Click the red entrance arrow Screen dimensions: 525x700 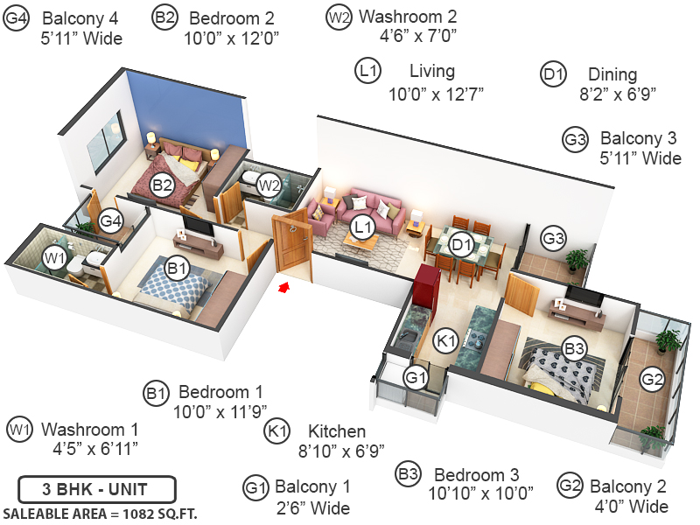tap(283, 286)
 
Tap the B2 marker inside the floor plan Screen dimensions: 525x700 tap(163, 185)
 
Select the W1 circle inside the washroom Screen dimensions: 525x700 tap(55, 257)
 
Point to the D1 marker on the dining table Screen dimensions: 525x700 tap(461, 245)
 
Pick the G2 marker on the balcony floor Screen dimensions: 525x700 tap(652, 379)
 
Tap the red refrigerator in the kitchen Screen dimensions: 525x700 tap(427, 283)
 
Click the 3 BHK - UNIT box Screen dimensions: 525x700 tap(96, 488)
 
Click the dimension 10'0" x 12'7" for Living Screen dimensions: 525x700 tap(436, 92)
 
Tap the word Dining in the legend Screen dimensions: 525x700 tap(612, 74)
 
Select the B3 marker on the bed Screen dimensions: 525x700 tap(574, 349)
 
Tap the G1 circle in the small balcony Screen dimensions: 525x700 tap(415, 377)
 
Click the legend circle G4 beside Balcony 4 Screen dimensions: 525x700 tap(16, 17)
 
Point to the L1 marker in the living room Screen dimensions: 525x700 tap(362, 228)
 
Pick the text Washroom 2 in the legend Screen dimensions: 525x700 tap(407, 17)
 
